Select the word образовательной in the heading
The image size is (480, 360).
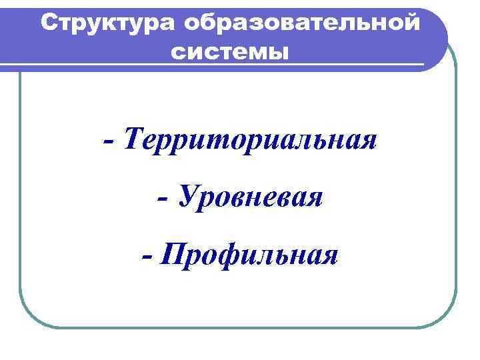[303, 23]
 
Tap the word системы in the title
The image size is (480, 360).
[231, 50]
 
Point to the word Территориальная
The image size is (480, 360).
[250, 142]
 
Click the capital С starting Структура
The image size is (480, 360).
[49, 23]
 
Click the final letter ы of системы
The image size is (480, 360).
[280, 51]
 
